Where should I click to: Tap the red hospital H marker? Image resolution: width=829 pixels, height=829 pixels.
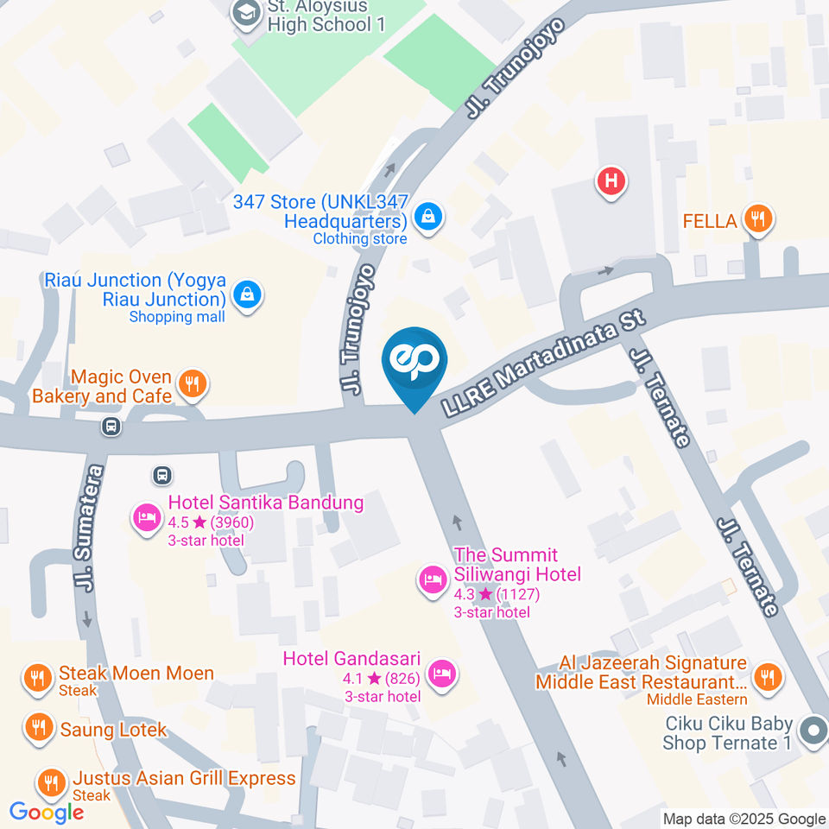(x=611, y=182)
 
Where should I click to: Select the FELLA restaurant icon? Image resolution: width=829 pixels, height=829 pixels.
(x=758, y=220)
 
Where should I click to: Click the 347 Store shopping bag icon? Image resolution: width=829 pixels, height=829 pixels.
(x=427, y=217)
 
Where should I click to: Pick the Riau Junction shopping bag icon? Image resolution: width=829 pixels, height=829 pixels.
(x=248, y=294)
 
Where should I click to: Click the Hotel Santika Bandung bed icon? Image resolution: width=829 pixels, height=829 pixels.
(x=146, y=517)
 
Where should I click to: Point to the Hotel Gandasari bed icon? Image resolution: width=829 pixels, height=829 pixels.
(x=442, y=674)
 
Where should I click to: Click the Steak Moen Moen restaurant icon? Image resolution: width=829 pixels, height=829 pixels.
(x=36, y=679)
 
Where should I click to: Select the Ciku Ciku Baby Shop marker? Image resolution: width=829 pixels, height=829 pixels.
(x=812, y=732)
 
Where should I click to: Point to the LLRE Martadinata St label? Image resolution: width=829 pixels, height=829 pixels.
(x=543, y=366)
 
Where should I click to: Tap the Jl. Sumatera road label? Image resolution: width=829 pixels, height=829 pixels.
(x=89, y=528)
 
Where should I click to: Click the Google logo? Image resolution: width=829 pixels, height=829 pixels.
(x=47, y=812)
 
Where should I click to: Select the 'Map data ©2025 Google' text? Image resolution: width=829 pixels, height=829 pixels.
(x=744, y=819)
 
